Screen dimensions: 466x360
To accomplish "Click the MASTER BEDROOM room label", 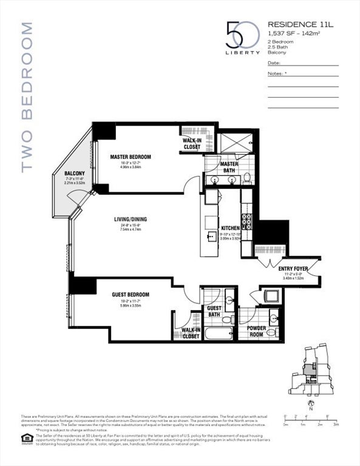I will [130, 157].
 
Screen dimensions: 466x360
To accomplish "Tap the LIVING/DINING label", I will [130, 220].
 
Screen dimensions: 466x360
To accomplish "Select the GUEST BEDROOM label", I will [130, 295].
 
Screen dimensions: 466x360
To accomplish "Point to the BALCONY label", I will [75, 174].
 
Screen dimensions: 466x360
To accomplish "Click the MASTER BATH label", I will [229, 167].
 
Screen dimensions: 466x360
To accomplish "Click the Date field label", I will [273, 62].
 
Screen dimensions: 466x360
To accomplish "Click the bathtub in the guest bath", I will [218, 333].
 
